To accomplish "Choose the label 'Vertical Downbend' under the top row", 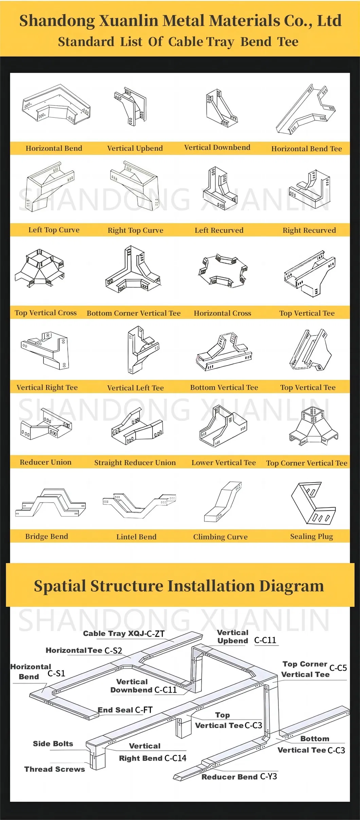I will (x=217, y=148).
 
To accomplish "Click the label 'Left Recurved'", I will (x=219, y=230).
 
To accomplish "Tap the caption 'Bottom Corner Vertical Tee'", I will (x=133, y=313).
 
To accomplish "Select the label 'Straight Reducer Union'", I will (x=135, y=462).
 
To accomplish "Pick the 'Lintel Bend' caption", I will (x=136, y=537).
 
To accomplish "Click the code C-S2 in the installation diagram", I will (x=113, y=651).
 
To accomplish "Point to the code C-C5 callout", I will (x=338, y=668).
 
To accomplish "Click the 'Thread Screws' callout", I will (x=54, y=769).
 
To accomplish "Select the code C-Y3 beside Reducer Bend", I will (x=268, y=777).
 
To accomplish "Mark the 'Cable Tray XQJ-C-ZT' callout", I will (x=124, y=634).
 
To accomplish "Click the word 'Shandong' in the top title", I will (x=57, y=21).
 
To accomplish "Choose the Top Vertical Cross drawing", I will (x=39, y=269).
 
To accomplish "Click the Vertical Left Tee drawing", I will (x=142, y=350).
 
